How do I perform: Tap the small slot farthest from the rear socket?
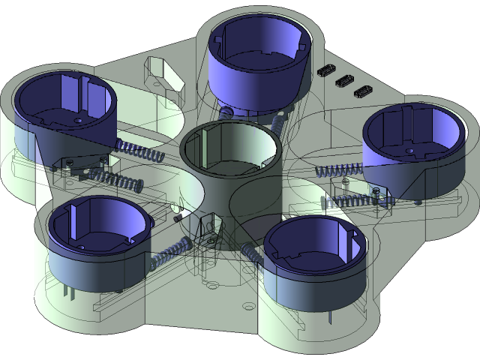[x=361, y=93]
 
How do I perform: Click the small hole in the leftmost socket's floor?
[x=79, y=119]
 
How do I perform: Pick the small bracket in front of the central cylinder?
[x=208, y=229]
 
